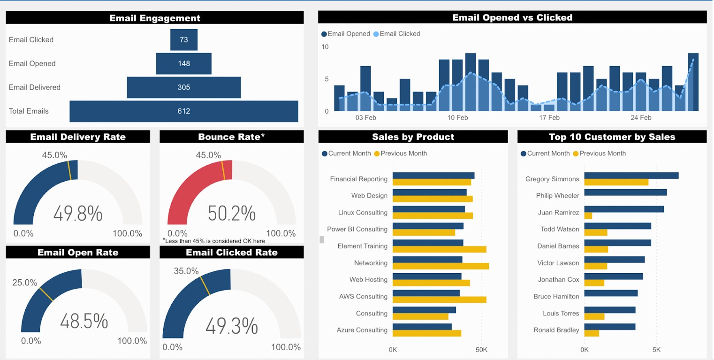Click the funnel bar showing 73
[x=183, y=40]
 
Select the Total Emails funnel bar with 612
[x=183, y=111]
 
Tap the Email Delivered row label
[x=34, y=87]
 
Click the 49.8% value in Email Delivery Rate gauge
[x=78, y=214]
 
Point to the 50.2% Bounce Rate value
[x=232, y=214]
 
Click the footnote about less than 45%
[x=214, y=241]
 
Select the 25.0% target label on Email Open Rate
[x=24, y=283]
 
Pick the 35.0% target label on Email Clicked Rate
[x=186, y=271]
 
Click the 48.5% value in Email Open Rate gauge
[x=84, y=322]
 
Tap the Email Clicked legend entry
[x=399, y=34]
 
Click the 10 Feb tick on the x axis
[x=457, y=118]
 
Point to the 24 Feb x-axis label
[x=641, y=118]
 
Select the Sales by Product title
[x=413, y=137]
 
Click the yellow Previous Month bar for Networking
[x=441, y=266]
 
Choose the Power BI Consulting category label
[x=357, y=229]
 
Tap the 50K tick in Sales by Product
[x=481, y=350]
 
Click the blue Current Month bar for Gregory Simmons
[x=631, y=176]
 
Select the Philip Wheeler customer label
[x=557, y=196]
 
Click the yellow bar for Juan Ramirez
[x=588, y=216]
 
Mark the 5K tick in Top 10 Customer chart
[x=656, y=350]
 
